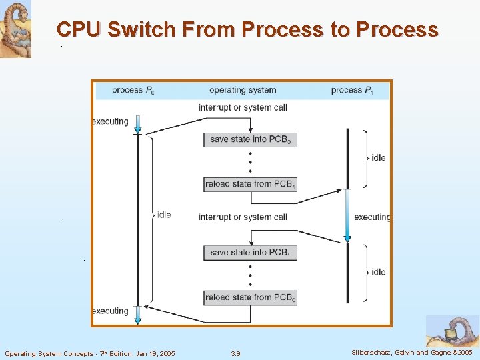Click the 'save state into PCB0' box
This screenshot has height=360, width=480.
coord(250,139)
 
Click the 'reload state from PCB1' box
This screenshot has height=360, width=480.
coord(250,184)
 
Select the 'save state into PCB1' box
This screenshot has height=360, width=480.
coord(250,253)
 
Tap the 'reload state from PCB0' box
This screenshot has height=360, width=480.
coord(250,297)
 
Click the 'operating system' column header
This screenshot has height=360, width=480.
coord(243,90)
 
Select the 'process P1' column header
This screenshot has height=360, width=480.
coord(351,90)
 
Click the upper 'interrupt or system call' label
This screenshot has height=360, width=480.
coord(243,107)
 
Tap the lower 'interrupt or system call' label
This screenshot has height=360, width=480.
coord(243,217)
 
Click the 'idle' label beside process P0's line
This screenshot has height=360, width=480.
coord(164,215)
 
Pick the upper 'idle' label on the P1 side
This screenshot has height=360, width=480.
coord(378,158)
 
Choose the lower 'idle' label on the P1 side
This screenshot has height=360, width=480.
coord(378,272)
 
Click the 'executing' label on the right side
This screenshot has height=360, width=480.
coord(372,217)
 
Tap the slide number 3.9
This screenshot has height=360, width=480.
coord(235,353)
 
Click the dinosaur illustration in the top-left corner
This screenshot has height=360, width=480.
coord(15,29)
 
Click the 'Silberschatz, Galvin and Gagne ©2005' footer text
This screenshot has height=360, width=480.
coord(411,353)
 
